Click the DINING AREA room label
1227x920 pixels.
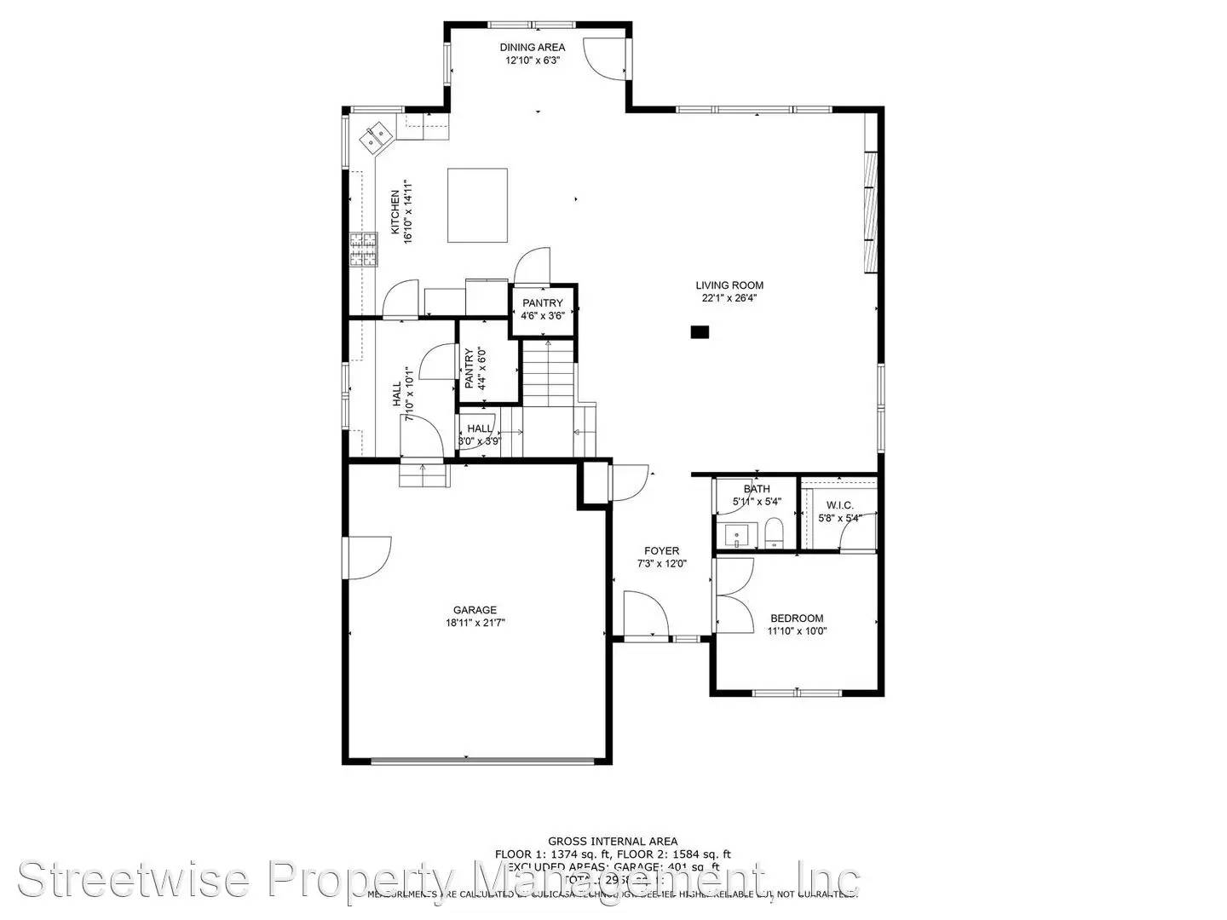[x=533, y=48]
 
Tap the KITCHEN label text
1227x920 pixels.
[x=395, y=212]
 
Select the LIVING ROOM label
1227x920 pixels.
[x=729, y=285]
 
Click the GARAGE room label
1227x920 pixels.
[x=475, y=610]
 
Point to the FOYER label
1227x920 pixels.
[x=661, y=551]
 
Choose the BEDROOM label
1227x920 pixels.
[x=797, y=618]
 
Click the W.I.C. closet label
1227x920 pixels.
[x=839, y=505]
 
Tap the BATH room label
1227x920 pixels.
[x=757, y=489]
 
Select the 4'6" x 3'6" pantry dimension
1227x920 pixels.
[x=543, y=316]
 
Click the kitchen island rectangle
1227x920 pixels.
[x=478, y=205]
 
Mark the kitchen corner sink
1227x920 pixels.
[x=376, y=135]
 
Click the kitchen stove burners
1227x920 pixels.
[x=362, y=250]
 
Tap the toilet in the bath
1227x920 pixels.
[x=774, y=533]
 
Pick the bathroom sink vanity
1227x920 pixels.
[x=737, y=536]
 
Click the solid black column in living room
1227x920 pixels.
[x=700, y=333]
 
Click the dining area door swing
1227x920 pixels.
[x=600, y=55]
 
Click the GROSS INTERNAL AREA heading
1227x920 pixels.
[x=613, y=842]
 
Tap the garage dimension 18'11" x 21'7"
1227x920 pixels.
[x=475, y=623]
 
